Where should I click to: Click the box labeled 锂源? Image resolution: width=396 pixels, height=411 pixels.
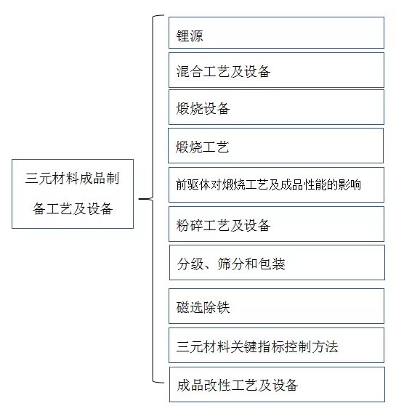[276, 33]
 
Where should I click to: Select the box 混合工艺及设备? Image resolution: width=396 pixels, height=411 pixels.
[276, 70]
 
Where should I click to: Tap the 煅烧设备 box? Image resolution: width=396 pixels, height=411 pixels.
[276, 107]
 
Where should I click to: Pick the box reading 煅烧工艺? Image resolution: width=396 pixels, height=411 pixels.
[275, 146]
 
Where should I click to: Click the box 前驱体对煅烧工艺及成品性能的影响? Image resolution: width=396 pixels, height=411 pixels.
[276, 184]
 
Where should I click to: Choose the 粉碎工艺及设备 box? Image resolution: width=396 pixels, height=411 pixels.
[276, 224]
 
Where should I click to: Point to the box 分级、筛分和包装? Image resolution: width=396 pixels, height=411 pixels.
[278, 263]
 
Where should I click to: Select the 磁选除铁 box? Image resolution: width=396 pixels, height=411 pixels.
[276, 306]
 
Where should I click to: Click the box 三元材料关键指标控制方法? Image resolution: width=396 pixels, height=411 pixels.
[276, 345]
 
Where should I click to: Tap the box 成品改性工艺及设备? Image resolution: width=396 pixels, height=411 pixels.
[278, 385]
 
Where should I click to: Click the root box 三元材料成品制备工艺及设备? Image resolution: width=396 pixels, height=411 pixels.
[73, 194]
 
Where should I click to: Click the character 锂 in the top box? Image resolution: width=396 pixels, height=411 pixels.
[182, 36]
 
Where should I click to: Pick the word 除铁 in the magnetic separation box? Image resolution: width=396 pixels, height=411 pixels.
[217, 307]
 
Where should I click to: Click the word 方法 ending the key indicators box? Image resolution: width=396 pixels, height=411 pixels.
[325, 346]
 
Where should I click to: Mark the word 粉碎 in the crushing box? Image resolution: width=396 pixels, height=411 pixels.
[190, 225]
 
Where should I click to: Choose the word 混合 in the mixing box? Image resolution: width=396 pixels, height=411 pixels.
[190, 71]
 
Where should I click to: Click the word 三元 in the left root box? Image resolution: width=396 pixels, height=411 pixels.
[39, 179]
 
